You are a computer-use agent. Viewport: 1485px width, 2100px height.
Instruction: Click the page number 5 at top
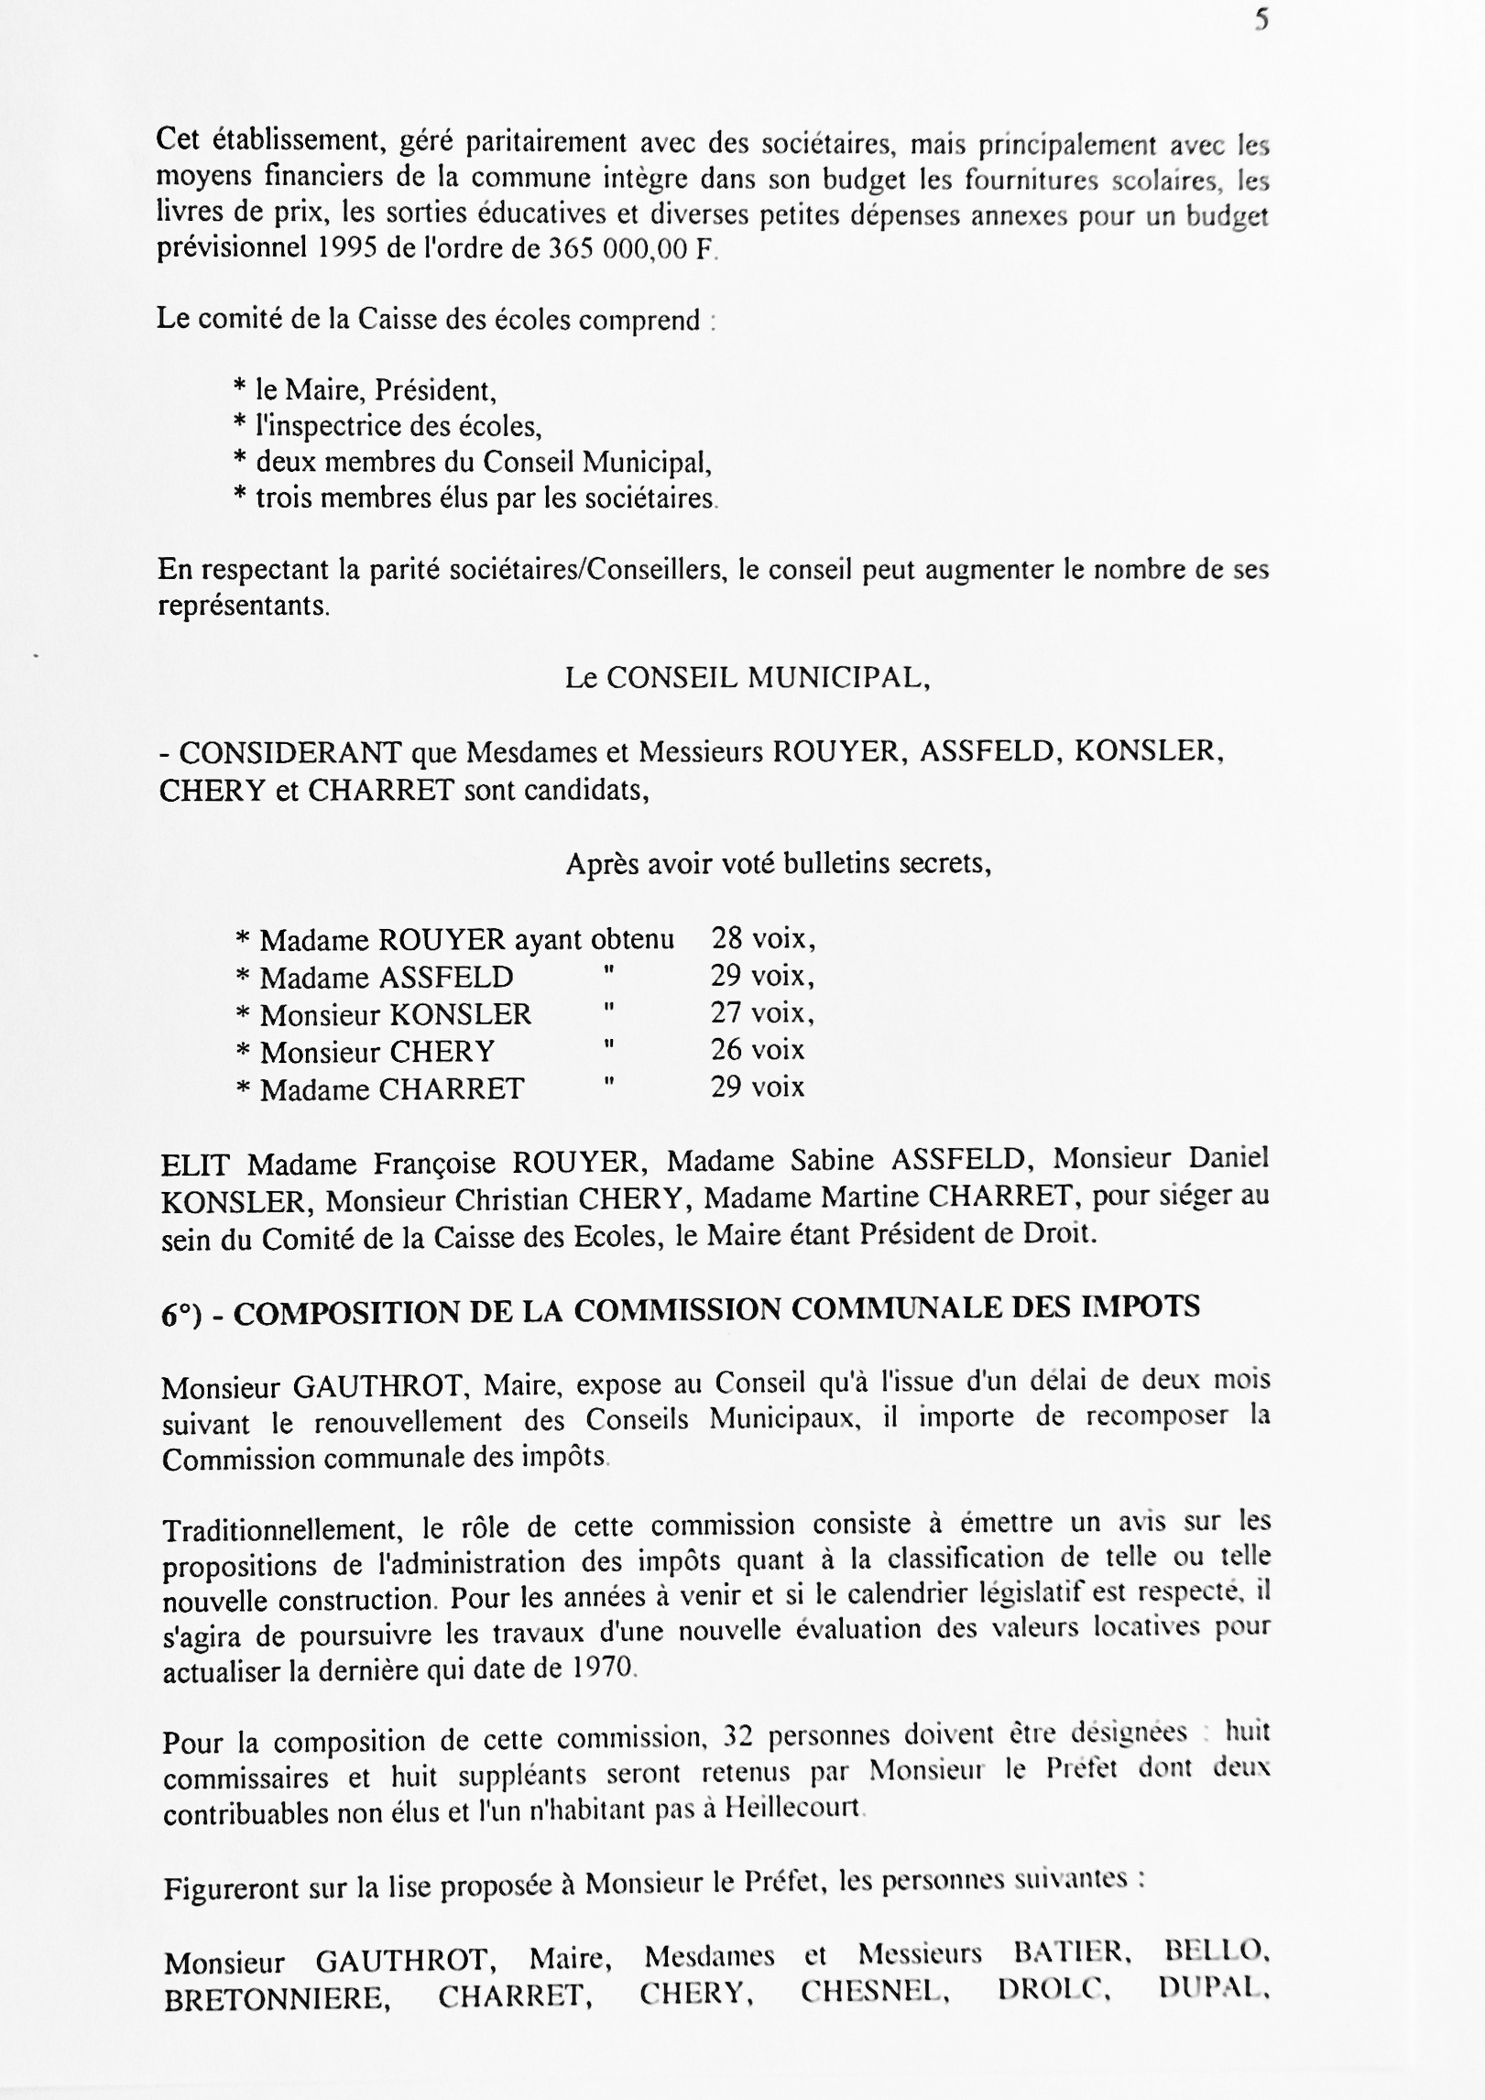1262,20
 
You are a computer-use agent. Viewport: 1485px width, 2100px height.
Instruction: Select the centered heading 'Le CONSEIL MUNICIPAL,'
748,678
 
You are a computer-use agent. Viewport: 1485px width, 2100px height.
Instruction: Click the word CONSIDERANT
290,753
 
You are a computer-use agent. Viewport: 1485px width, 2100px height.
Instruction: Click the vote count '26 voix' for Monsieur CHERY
758,1051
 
